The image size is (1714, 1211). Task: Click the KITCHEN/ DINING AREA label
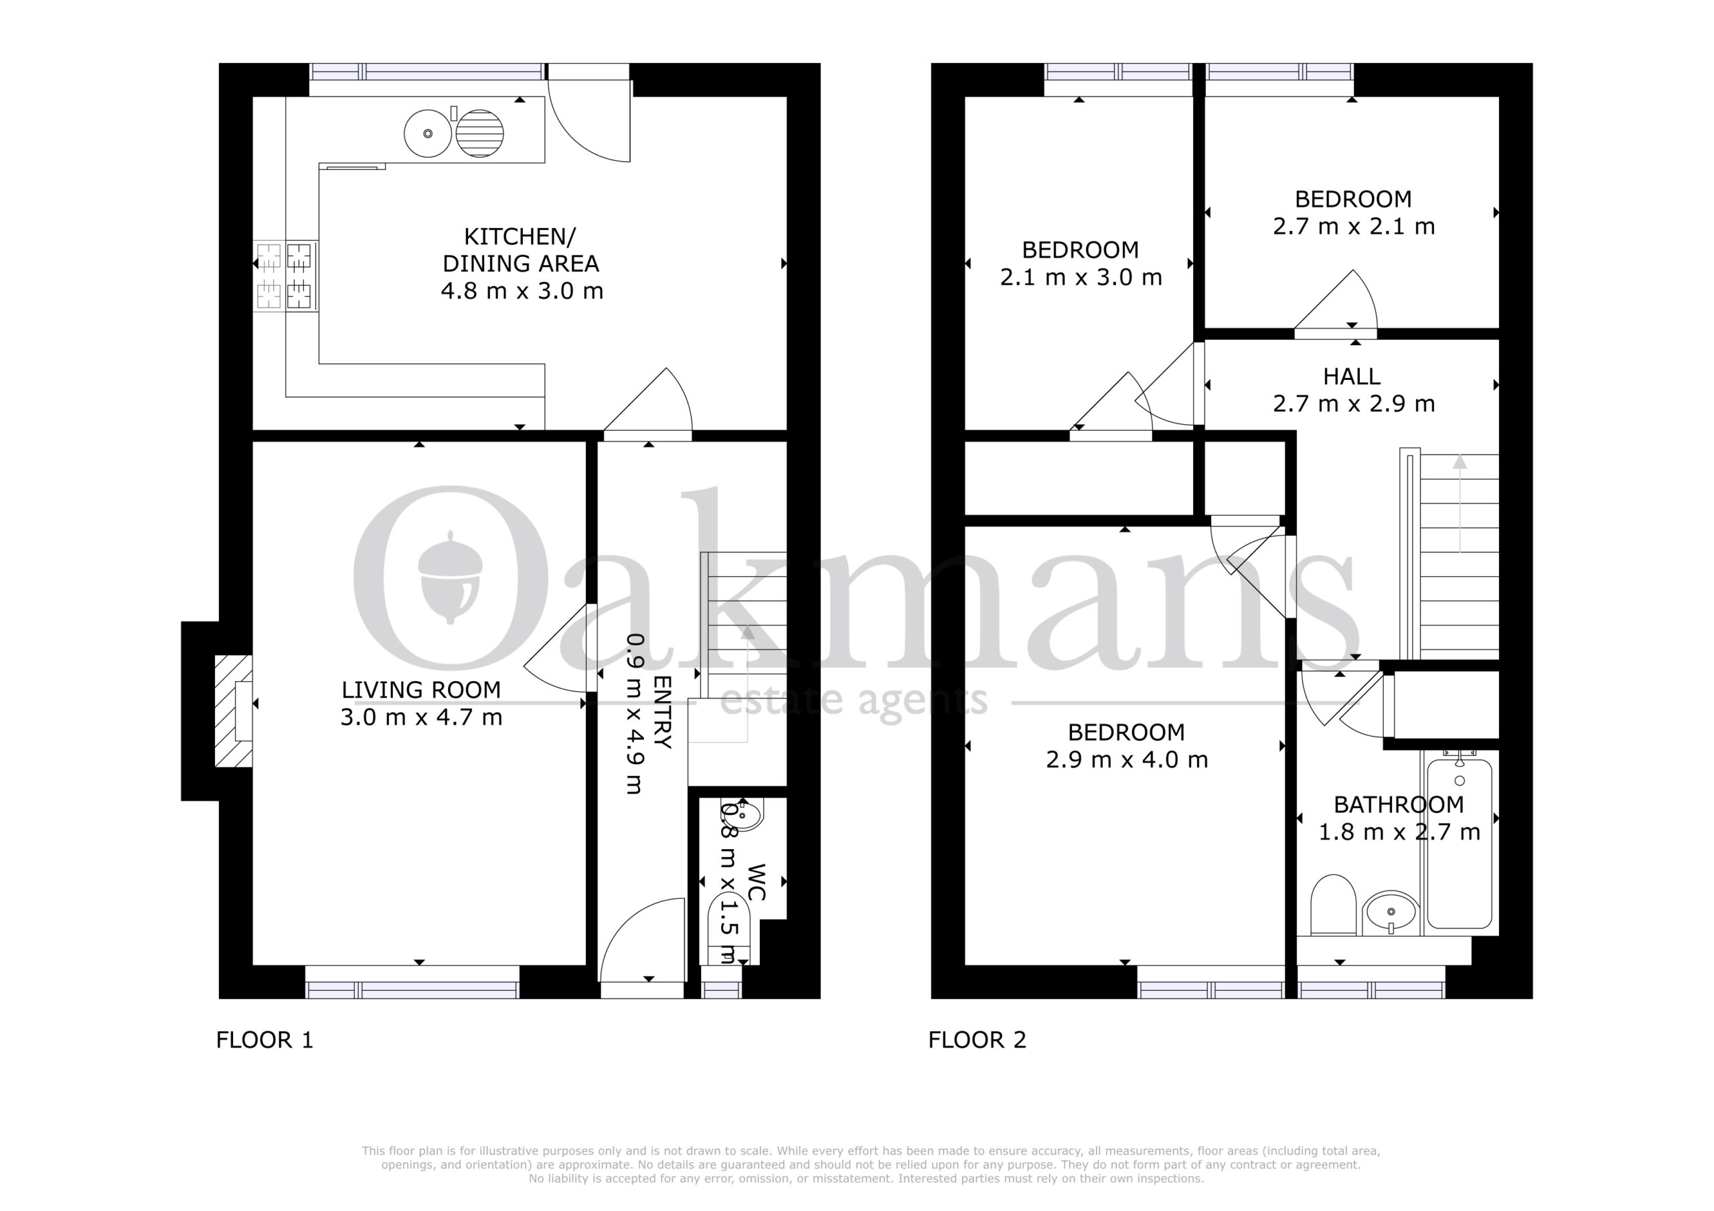[520, 250]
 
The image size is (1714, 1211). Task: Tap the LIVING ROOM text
[421, 690]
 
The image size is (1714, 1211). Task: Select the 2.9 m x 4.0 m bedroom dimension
[1127, 759]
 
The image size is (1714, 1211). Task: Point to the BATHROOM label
[1398, 804]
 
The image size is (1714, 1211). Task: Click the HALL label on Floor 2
[1352, 376]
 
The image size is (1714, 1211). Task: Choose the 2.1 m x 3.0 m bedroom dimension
[1081, 278]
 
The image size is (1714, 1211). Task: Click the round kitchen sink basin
[428, 134]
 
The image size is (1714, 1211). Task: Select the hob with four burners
[285, 276]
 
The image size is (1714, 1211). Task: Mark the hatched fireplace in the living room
[233, 711]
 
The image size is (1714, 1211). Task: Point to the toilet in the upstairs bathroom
[1333, 905]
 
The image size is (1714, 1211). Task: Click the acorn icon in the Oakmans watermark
[450, 577]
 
